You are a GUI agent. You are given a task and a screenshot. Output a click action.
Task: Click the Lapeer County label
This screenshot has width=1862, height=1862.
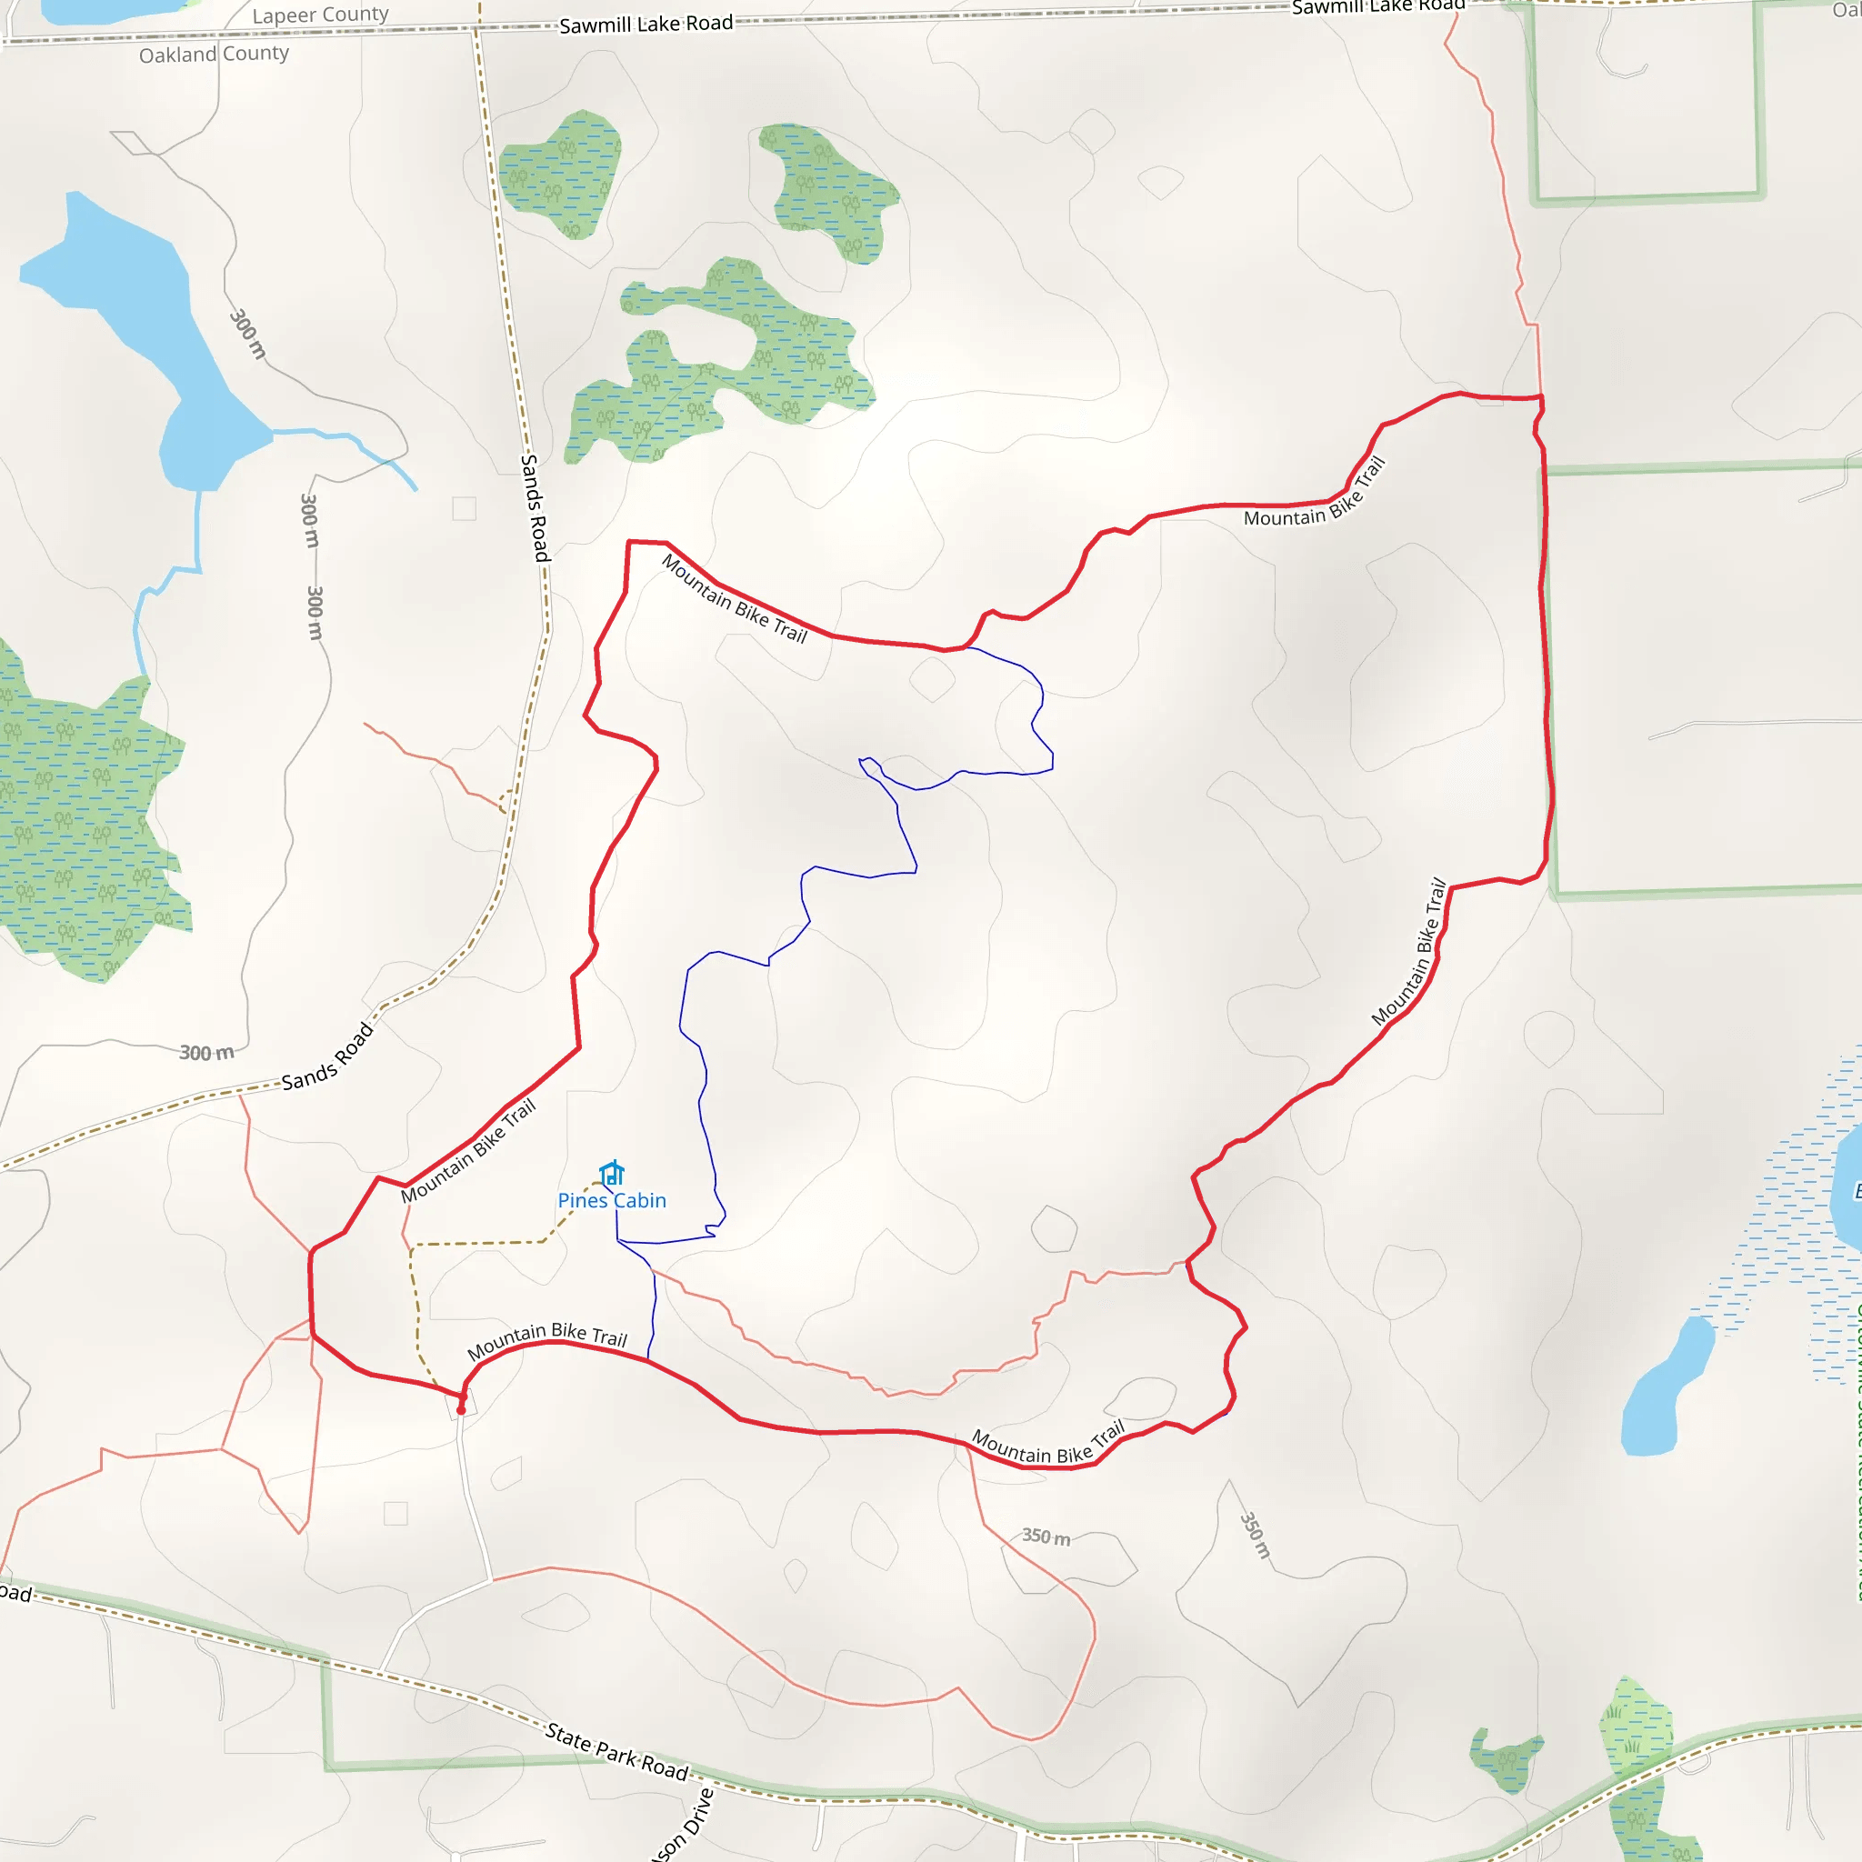click(320, 15)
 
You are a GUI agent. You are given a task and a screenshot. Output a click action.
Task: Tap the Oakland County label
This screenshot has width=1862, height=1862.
click(214, 54)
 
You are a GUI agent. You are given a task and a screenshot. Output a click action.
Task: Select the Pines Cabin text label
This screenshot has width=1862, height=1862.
click(612, 1201)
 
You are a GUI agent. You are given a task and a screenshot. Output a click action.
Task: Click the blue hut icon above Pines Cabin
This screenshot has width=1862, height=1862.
click(612, 1173)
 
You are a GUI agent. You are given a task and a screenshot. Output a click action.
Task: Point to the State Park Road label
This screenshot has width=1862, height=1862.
click(616, 1751)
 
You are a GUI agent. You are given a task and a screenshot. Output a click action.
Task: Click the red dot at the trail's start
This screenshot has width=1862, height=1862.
click(461, 1410)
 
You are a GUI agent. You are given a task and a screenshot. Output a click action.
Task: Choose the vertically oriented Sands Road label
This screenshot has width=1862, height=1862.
click(535, 508)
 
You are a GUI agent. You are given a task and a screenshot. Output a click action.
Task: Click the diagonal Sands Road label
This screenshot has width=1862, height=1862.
click(327, 1056)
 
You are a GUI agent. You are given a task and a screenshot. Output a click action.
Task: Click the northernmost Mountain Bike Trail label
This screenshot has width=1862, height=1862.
click(1315, 494)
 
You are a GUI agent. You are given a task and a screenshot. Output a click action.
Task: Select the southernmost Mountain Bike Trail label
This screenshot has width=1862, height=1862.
click(1047, 1446)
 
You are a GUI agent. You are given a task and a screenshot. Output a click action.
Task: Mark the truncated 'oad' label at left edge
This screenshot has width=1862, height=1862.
click(15, 1593)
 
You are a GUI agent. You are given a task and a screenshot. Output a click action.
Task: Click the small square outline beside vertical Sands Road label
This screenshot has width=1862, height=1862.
click(465, 508)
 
